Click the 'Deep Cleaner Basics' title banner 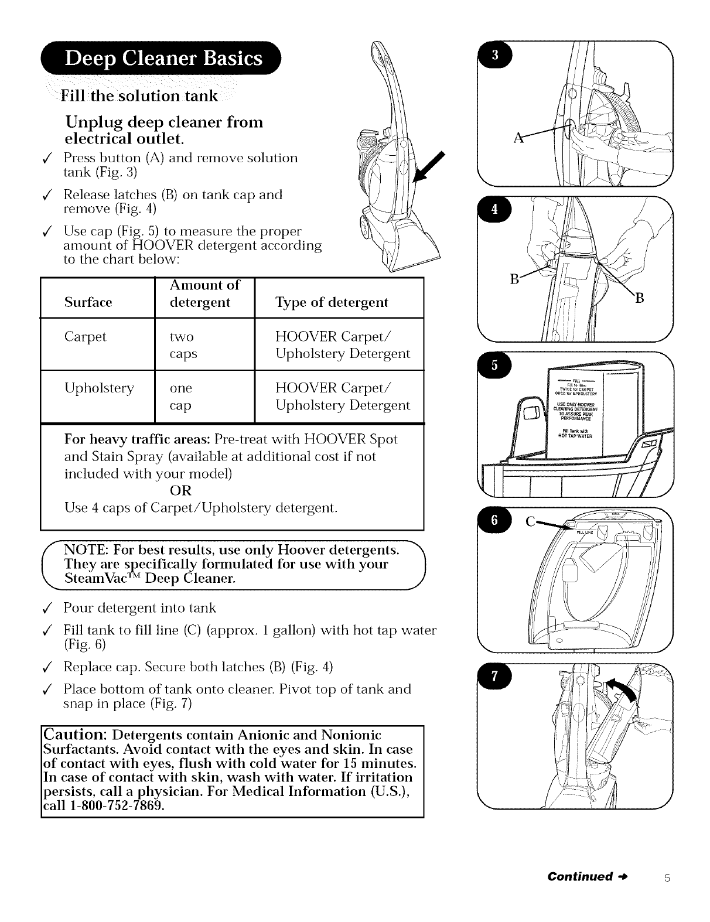pos(164,60)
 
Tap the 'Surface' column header pos(88,302)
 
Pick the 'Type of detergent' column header pos(332,302)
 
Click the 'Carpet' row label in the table pos(86,337)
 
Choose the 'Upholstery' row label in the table pos(99,388)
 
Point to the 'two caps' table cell pos(183,346)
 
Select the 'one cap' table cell pos(181,397)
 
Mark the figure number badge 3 pos(494,56)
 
